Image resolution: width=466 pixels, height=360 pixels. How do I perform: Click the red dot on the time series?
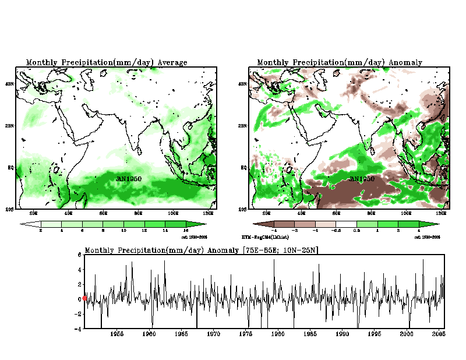85,298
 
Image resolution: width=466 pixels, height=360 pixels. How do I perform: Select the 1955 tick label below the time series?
116,334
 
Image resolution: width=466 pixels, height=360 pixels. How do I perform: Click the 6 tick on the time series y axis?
80,255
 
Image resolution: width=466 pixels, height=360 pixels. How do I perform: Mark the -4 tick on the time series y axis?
79,329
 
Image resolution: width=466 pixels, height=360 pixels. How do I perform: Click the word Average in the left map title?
172,62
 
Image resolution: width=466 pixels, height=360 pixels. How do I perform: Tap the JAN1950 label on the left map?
129,179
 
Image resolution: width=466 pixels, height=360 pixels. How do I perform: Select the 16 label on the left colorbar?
186,231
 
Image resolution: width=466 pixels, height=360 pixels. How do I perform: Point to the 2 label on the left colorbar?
40,231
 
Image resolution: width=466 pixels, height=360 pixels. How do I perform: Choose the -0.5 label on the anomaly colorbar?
336,231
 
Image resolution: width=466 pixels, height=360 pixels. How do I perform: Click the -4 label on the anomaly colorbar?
273,231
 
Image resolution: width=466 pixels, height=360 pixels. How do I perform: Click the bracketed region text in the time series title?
280,250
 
